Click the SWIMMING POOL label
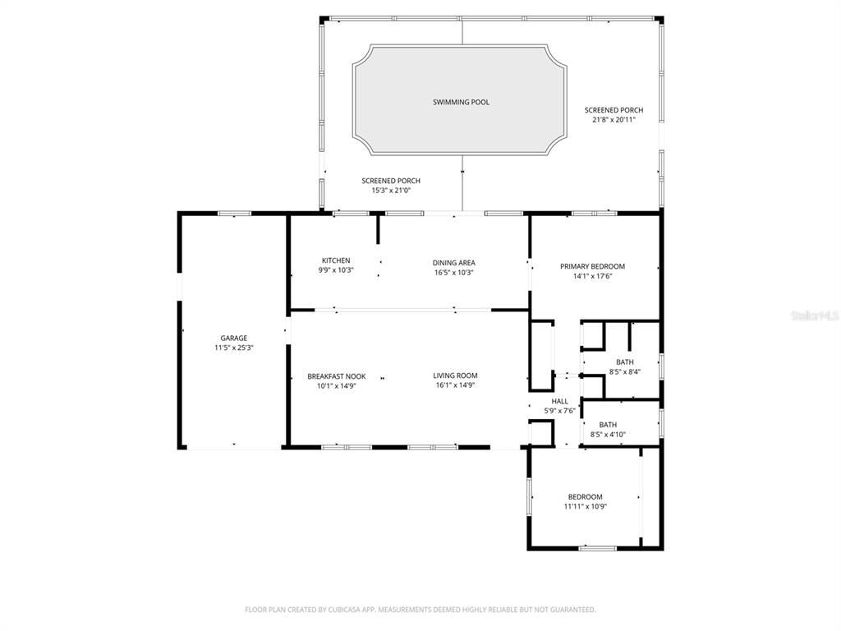461,102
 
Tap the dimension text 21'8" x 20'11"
614,120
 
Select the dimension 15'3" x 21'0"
391,191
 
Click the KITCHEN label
336,260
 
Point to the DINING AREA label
453,263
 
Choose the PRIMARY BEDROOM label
592,266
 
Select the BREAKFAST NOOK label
336,375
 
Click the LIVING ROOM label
455,375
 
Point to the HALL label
559,401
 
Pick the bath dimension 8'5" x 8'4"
624,372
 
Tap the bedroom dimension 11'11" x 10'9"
585,506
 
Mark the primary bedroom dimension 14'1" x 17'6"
592,276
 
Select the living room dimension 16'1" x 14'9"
455,385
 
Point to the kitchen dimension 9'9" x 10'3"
336,270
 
